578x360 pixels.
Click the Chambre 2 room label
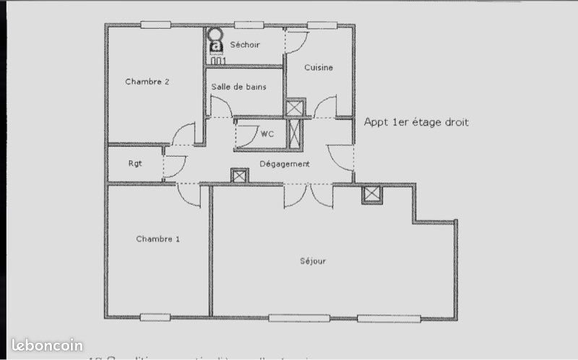pos(147,82)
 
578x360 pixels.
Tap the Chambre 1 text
pos(158,239)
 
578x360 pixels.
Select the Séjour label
pos(313,261)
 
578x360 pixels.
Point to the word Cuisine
pos(318,68)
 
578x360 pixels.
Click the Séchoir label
pos(245,45)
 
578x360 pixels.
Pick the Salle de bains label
pos(238,87)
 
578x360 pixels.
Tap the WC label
pos(267,134)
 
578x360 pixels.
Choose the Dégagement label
pos(285,164)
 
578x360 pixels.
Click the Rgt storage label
pos(135,163)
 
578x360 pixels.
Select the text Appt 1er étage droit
pos(416,123)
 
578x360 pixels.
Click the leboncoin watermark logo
pos(47,346)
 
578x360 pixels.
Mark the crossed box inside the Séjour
pos(371,194)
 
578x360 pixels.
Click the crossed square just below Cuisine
pos(296,108)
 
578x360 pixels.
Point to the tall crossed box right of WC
pos(295,134)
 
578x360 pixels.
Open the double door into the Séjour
pos(309,195)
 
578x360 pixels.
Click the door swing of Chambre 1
pos(189,194)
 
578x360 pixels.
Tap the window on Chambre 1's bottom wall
pos(155,317)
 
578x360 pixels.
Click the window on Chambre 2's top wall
pos(155,25)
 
